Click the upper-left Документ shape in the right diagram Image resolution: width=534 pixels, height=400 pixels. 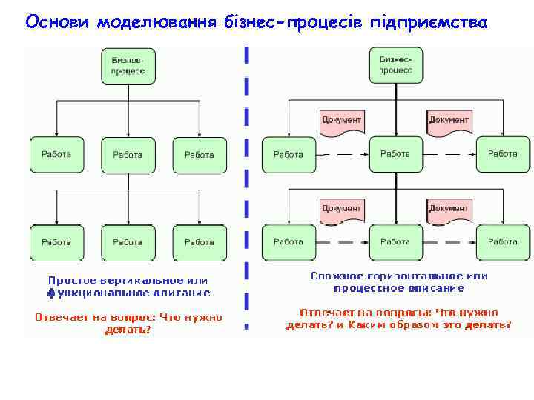pyautogui.click(x=342, y=121)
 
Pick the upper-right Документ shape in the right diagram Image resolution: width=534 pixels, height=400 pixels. pyautogui.click(x=449, y=121)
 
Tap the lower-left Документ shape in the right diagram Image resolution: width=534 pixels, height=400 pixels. pyautogui.click(x=342, y=210)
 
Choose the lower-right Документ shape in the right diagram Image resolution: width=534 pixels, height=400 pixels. pyautogui.click(x=449, y=210)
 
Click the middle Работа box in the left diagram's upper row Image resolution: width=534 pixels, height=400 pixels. pyautogui.click(x=128, y=155)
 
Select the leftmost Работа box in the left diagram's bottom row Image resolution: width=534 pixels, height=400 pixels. pyautogui.click(x=56, y=242)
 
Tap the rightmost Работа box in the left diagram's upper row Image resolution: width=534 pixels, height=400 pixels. pyautogui.click(x=199, y=155)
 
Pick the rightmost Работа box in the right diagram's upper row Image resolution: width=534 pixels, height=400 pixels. pyautogui.click(x=502, y=154)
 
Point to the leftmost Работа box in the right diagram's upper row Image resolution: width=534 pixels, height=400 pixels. pyautogui.click(x=288, y=154)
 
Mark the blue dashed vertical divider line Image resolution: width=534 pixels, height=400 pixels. pyautogui.click(x=246, y=185)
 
